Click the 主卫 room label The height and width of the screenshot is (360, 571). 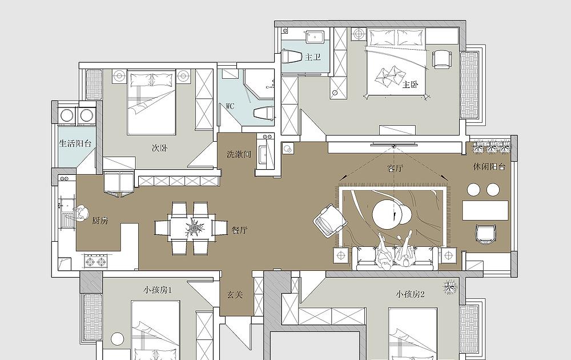[313, 57]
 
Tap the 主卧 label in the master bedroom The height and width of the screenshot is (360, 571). [410, 85]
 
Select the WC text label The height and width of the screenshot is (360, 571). [230, 106]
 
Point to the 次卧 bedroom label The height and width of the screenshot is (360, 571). [159, 149]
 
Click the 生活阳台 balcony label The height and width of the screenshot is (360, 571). [75, 143]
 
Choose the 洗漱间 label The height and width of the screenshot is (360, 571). [239, 154]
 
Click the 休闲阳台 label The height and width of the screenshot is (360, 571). [489, 167]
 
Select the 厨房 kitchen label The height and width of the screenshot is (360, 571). [100, 221]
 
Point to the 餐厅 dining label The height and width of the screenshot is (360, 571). [239, 230]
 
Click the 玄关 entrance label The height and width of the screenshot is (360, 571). [235, 294]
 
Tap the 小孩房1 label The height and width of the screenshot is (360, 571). [158, 290]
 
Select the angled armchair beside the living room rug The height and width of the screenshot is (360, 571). [329, 221]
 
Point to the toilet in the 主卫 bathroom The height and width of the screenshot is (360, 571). [292, 57]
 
